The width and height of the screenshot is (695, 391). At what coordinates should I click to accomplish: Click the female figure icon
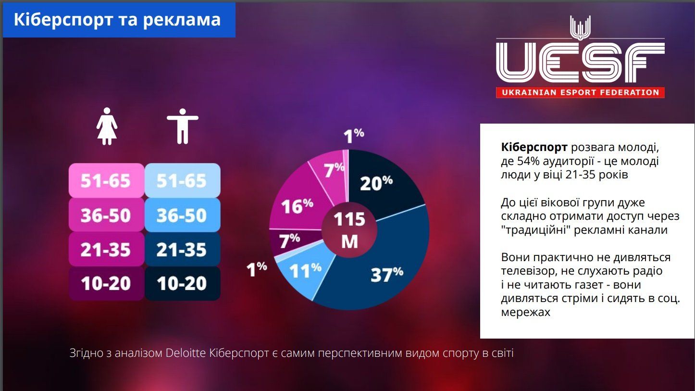(107, 126)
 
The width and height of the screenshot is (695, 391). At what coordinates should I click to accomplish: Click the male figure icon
(182, 126)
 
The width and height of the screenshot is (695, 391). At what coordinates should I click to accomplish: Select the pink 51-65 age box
(106, 180)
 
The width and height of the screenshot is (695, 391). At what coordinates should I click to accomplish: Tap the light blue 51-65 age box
(182, 180)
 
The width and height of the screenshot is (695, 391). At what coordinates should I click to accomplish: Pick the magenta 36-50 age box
(106, 215)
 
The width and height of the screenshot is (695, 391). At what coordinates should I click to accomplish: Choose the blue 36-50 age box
(182, 215)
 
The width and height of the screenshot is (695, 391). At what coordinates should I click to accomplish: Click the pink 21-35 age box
(106, 249)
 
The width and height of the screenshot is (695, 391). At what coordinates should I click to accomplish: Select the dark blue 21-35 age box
(182, 249)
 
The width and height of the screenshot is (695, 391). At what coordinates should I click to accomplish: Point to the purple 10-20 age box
(106, 283)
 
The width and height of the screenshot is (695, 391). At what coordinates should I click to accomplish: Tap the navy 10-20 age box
(182, 283)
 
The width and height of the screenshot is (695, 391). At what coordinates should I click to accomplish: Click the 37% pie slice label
(386, 274)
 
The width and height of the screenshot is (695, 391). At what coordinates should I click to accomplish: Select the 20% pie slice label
(376, 183)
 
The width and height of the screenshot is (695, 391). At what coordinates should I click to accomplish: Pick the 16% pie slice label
(297, 206)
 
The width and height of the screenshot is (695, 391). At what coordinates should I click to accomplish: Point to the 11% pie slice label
(305, 271)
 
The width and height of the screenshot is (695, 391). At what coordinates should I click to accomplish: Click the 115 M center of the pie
(349, 230)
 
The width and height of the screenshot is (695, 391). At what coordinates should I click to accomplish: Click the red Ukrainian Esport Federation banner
(580, 92)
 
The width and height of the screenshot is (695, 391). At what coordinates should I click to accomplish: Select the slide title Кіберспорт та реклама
(117, 20)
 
